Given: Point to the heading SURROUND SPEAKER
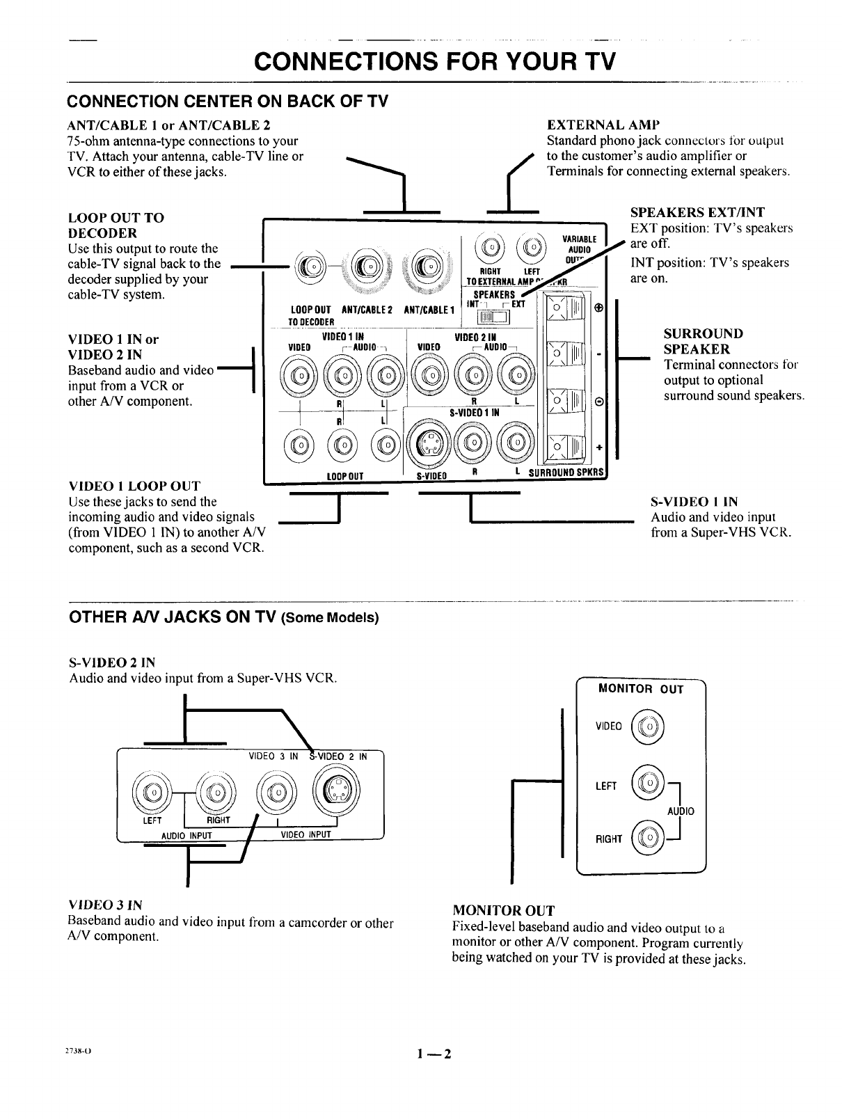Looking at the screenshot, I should [703, 341].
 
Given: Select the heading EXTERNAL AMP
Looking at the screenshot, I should [603, 125].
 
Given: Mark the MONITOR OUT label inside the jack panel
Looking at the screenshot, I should [641, 690].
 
